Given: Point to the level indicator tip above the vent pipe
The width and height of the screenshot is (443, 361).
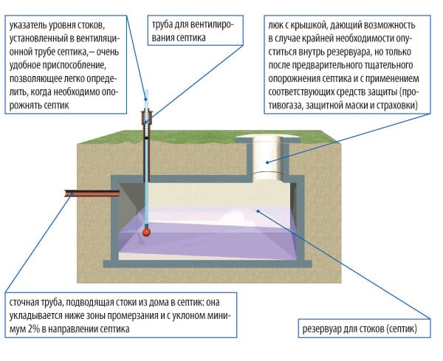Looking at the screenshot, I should point(147,95).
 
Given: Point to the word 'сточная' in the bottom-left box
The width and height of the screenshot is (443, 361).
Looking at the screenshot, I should point(26,303).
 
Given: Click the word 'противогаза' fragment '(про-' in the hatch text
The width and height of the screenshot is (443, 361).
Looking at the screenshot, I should point(413,93).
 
